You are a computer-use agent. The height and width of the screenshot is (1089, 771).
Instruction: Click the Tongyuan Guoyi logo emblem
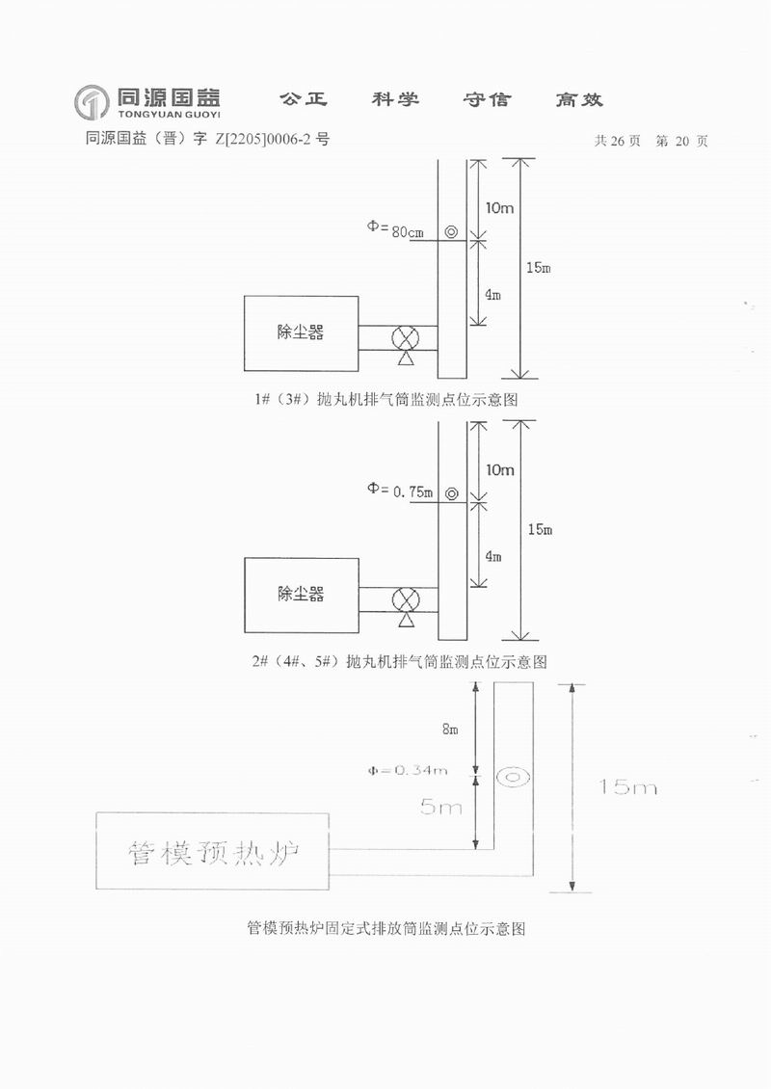click(92, 100)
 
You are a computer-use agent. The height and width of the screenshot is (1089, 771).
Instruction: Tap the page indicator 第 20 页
click(681, 141)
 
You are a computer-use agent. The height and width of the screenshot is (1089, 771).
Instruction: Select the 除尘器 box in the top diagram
click(300, 332)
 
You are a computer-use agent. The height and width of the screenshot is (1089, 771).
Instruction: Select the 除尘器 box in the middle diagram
click(301, 594)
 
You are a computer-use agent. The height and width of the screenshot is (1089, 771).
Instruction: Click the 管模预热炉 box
click(211, 851)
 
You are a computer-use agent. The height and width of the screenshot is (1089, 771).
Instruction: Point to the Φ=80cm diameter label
click(395, 229)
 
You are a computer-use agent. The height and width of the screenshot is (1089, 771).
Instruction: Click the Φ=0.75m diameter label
click(399, 490)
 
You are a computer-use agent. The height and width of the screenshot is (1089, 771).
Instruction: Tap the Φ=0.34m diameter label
click(407, 770)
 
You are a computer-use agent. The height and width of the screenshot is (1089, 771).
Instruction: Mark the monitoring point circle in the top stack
click(451, 232)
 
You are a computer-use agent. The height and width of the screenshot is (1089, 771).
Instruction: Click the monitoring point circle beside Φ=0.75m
click(451, 493)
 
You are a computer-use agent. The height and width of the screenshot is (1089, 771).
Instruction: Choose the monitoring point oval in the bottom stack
click(512, 777)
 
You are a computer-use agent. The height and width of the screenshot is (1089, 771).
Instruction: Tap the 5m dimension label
click(443, 807)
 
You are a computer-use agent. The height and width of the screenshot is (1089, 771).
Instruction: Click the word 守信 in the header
click(487, 99)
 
